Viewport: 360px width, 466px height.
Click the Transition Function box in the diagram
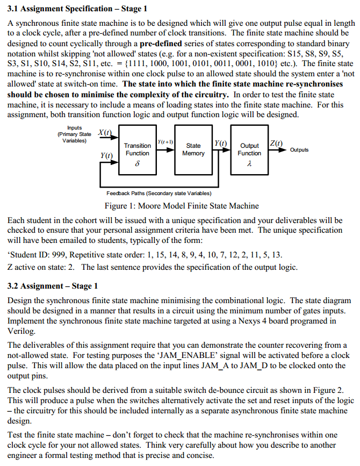click(137, 149)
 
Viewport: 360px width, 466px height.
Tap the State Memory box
click(193, 149)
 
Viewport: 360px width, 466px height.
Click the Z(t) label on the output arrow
click(276, 143)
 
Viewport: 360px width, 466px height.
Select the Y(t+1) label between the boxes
click(164, 141)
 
